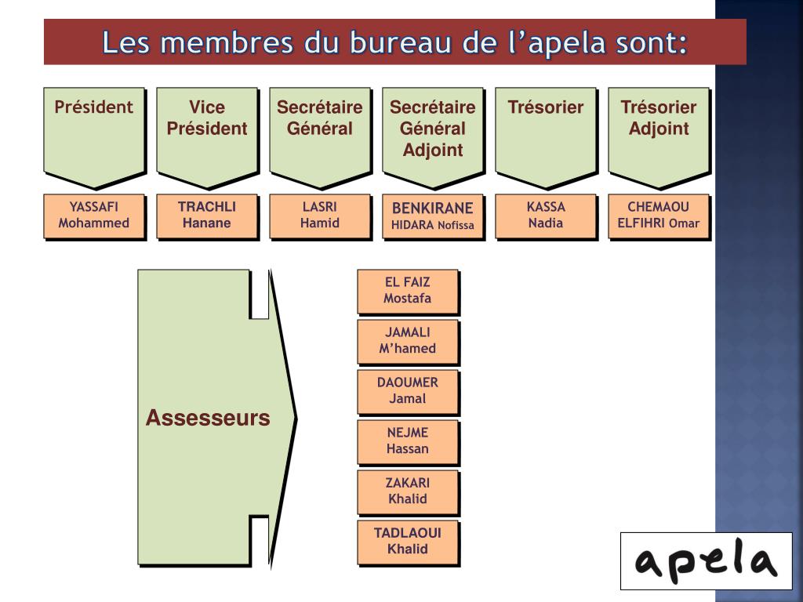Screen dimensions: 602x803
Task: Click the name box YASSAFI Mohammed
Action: click(94, 216)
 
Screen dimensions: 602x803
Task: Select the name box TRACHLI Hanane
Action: click(207, 216)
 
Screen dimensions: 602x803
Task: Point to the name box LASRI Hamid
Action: click(320, 216)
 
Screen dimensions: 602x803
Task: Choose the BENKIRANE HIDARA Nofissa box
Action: click(433, 216)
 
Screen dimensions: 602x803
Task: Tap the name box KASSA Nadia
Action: click(546, 216)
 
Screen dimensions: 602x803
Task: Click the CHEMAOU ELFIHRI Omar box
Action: click(659, 216)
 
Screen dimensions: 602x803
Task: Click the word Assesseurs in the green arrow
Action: click(208, 419)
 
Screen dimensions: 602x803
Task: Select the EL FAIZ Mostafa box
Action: click(408, 291)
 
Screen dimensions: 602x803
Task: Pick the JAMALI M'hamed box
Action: click(408, 341)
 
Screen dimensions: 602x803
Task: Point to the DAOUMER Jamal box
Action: click(408, 391)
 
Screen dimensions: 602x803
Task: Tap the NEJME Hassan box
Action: click(408, 441)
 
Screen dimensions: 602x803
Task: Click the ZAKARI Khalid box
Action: click(408, 491)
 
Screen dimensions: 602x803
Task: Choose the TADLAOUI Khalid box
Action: click(408, 542)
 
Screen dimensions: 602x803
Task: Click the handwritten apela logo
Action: click(706, 561)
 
